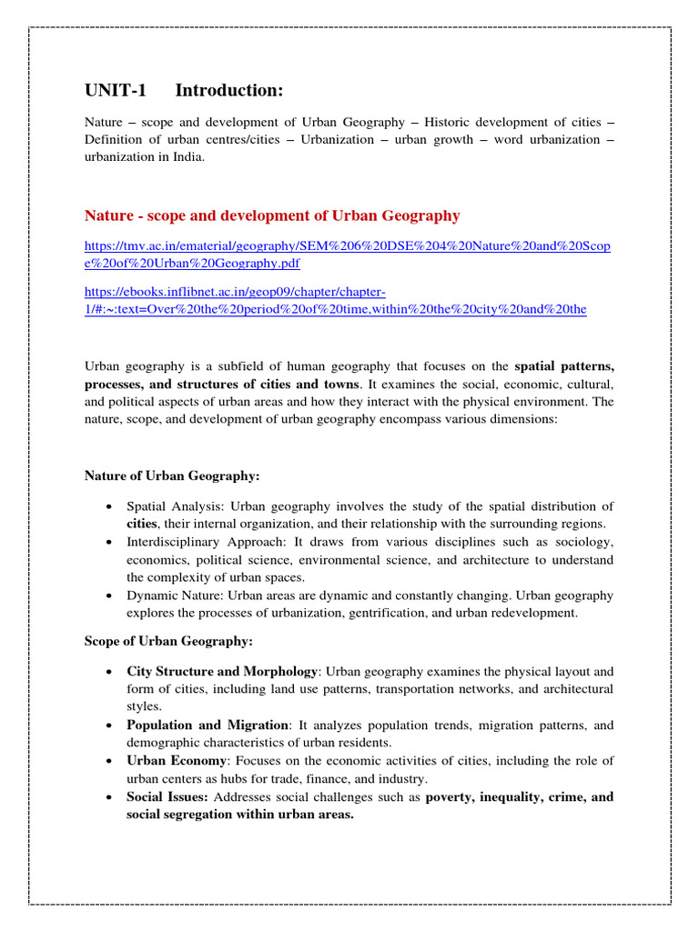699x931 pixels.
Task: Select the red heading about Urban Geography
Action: [x=272, y=215]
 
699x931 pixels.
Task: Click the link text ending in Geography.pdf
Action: [x=192, y=263]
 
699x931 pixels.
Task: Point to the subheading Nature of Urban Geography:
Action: [x=172, y=476]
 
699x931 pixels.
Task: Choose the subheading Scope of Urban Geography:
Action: [x=168, y=641]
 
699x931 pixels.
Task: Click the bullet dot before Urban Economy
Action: [x=108, y=762]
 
